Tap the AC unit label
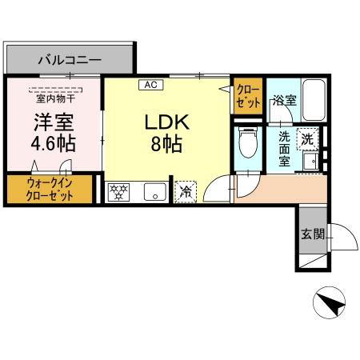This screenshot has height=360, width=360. click(x=149, y=83)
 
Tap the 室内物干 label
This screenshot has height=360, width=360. click(x=54, y=99)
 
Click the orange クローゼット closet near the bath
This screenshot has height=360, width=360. click(x=248, y=98)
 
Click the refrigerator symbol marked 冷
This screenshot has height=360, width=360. click(x=185, y=191)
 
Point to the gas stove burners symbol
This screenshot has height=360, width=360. click(x=120, y=191)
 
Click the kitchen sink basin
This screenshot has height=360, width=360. click(x=153, y=191)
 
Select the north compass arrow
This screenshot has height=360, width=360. click(x=330, y=303)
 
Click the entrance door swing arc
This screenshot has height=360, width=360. click(x=342, y=237)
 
